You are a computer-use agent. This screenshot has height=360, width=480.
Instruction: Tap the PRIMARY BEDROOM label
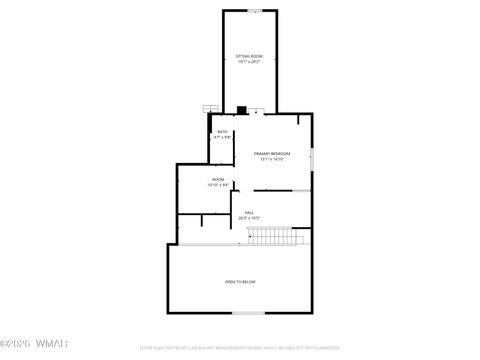[x=272, y=153]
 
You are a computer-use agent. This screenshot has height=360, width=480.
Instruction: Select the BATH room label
[x=221, y=132]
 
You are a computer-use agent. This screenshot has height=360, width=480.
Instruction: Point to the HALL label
[x=249, y=212]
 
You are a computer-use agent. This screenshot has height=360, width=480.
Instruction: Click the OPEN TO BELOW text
[x=240, y=282]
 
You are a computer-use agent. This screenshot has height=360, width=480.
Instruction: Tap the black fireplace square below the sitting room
[x=241, y=109]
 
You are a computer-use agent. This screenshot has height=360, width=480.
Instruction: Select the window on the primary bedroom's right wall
[x=312, y=157]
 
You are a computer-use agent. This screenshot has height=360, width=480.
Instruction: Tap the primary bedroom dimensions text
[x=272, y=159]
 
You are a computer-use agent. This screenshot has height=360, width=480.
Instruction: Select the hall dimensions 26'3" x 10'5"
[x=249, y=217]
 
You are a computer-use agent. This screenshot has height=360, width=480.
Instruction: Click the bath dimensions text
[x=221, y=137]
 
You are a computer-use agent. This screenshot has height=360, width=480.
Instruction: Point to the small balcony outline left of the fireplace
[x=210, y=108]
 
